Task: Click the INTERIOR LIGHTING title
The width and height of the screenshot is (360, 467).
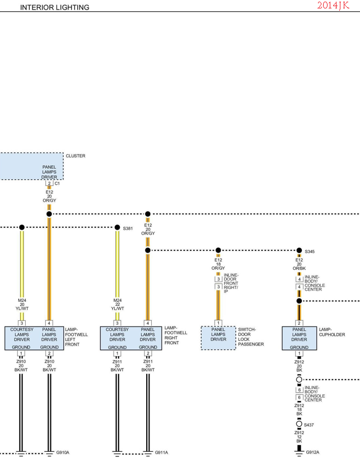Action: pos(55,7)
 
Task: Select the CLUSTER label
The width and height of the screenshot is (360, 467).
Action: pos(76,156)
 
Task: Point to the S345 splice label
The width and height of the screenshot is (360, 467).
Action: pos(310,251)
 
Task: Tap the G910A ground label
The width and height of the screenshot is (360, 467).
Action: pos(63,452)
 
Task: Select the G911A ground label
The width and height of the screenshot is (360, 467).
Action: pos(161,452)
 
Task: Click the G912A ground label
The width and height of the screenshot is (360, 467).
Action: pos(312,452)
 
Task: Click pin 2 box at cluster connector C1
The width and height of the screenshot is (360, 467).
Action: pos(49,183)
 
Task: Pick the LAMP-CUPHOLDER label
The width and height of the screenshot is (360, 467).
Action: pos(331,332)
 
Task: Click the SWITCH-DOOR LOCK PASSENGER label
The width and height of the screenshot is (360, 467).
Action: pos(251,337)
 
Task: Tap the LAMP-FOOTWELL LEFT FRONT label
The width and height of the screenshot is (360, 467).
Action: pos(77,337)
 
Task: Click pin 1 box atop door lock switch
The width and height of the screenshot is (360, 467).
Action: pos(218,323)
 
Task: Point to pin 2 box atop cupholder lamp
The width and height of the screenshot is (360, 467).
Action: pos(299,323)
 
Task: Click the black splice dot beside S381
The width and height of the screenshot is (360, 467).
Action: pos(118,227)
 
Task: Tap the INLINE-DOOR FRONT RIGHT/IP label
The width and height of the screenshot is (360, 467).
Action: pos(231,283)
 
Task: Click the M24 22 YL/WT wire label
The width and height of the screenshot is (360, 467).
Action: pos(117,304)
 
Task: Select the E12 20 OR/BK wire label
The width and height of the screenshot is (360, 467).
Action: pos(299,264)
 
